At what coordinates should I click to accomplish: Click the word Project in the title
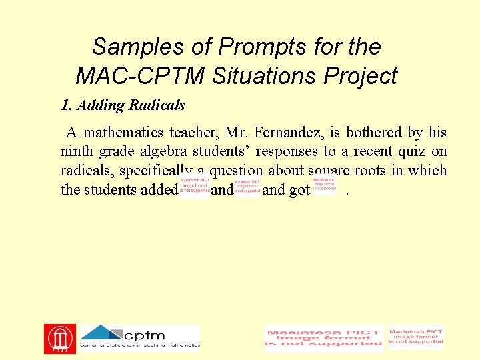tap(361, 75)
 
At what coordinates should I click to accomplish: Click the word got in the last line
tap(299, 189)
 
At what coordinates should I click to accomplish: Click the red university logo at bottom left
tap(59, 339)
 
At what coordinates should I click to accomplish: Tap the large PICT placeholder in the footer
tap(324, 339)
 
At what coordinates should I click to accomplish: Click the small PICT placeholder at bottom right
tap(416, 337)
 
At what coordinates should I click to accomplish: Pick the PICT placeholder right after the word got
tap(324, 185)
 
